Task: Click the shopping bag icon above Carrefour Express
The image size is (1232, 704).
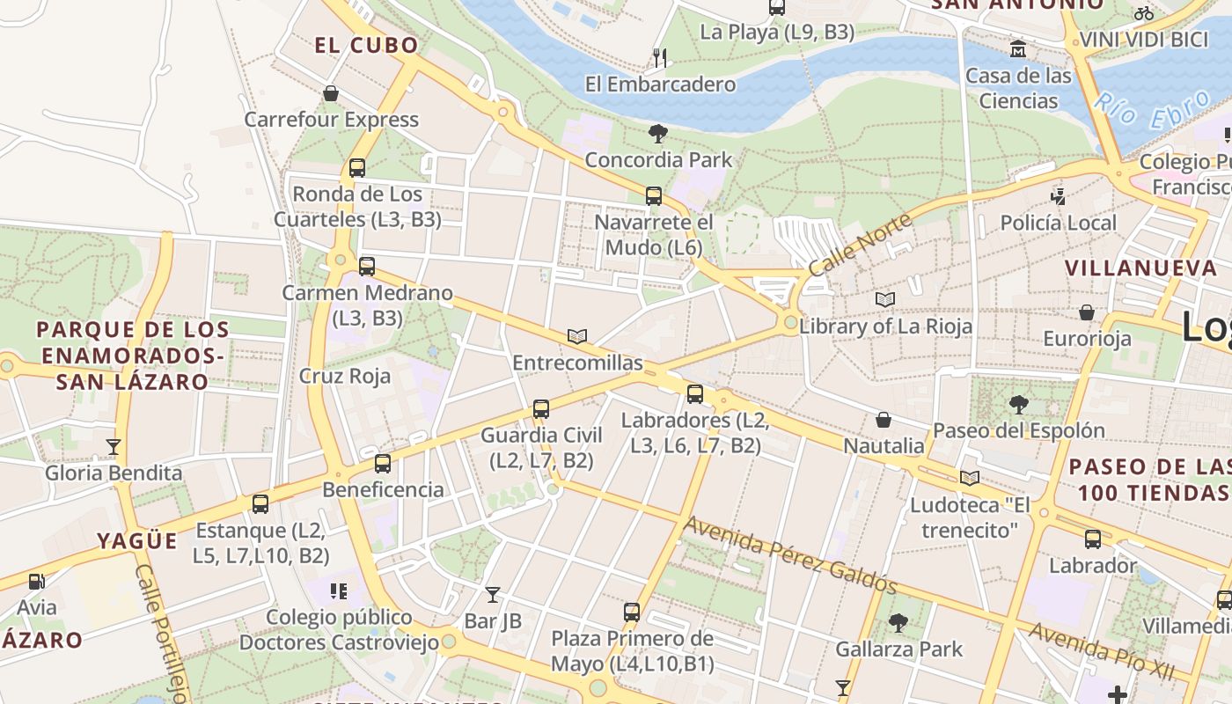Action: [331, 93]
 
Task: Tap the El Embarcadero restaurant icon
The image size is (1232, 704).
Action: [659, 58]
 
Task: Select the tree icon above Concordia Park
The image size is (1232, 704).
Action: [657, 134]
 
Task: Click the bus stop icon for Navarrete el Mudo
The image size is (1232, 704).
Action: [653, 196]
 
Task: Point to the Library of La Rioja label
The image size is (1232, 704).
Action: [885, 326]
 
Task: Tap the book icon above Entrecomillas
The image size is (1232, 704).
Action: [577, 337]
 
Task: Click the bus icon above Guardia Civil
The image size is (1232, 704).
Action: [541, 409]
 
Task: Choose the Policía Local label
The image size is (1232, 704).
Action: [1058, 223]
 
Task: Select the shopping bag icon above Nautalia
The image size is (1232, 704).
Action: [884, 420]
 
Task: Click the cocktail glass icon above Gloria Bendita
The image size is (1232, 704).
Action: [113, 447]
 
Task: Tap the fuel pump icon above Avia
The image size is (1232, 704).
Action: [36, 582]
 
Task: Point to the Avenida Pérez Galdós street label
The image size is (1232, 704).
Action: [790, 555]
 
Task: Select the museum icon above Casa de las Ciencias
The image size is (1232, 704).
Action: [1018, 48]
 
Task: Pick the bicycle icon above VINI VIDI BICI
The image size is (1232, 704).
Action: [1143, 13]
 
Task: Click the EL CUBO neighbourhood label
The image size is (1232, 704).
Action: [366, 46]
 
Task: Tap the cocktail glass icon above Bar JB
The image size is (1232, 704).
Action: [493, 595]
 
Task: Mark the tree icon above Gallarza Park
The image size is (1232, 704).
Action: [898, 623]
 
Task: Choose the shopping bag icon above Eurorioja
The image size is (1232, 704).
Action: [1087, 312]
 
